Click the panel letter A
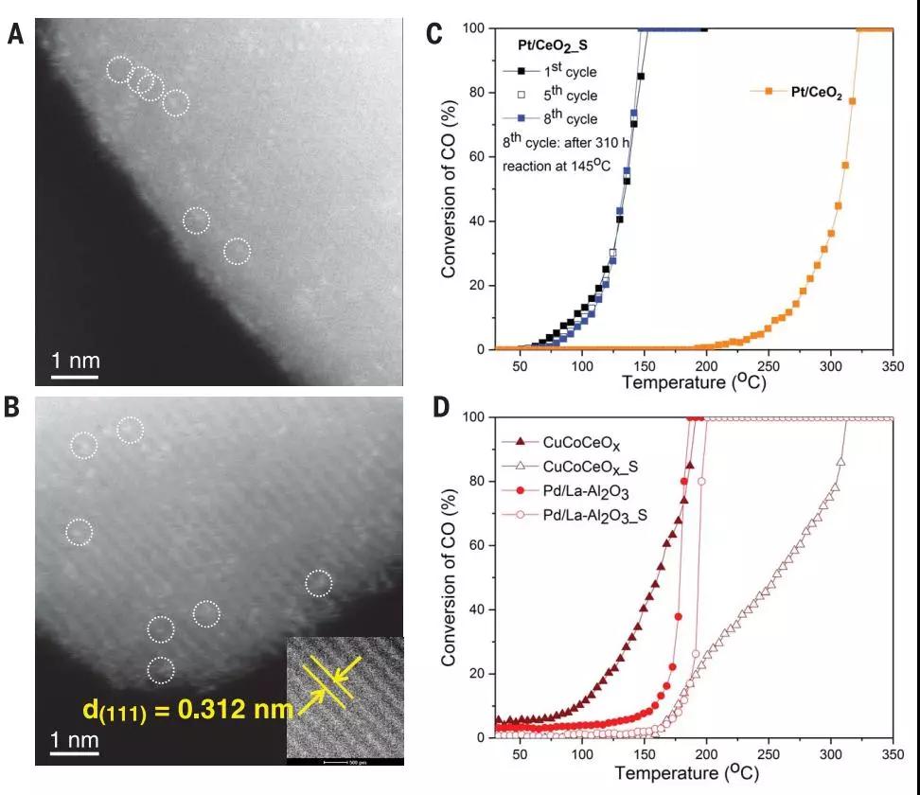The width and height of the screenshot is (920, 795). click(14, 35)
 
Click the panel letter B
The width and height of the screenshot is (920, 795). click(14, 408)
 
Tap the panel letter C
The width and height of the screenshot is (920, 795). click(434, 35)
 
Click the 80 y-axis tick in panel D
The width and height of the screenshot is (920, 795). click(477, 482)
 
